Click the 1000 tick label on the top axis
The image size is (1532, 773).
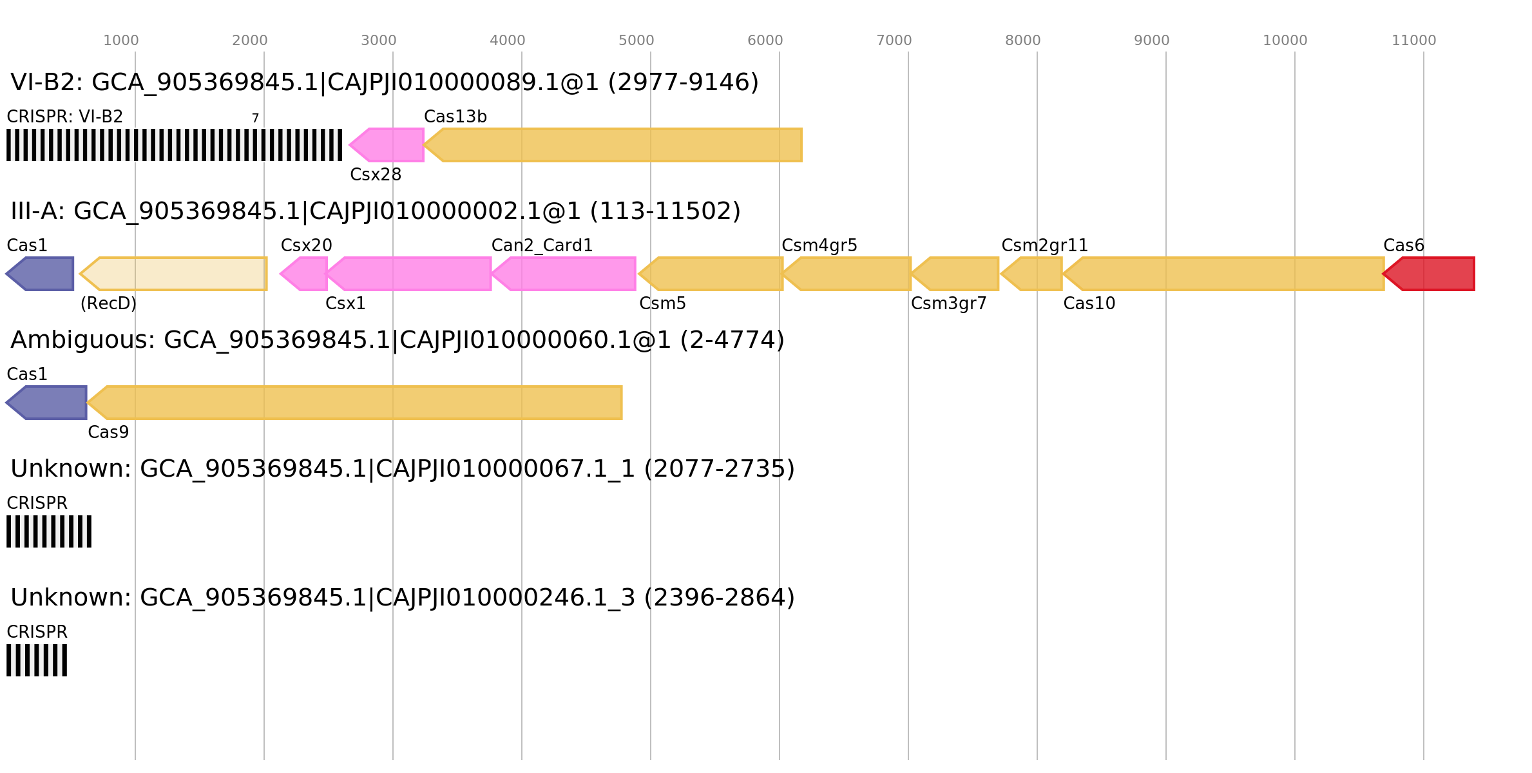(x=120, y=41)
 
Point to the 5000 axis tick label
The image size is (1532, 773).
(x=636, y=41)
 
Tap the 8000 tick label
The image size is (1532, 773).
(x=1022, y=41)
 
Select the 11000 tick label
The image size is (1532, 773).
(x=1413, y=41)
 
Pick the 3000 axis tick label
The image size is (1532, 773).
(x=378, y=41)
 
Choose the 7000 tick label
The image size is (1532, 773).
(x=894, y=41)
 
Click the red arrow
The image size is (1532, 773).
(x=1430, y=274)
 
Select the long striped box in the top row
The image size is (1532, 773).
(x=174, y=145)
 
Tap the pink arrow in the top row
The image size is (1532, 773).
(x=388, y=145)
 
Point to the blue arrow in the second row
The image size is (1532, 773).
(x=42, y=274)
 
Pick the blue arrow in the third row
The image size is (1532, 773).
(x=48, y=403)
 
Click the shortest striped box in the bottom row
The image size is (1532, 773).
(x=37, y=660)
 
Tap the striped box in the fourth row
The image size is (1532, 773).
(x=49, y=531)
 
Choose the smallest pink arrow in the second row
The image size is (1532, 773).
(x=305, y=274)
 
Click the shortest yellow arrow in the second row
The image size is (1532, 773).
(x=1033, y=274)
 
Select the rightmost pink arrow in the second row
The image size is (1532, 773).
(x=565, y=274)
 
